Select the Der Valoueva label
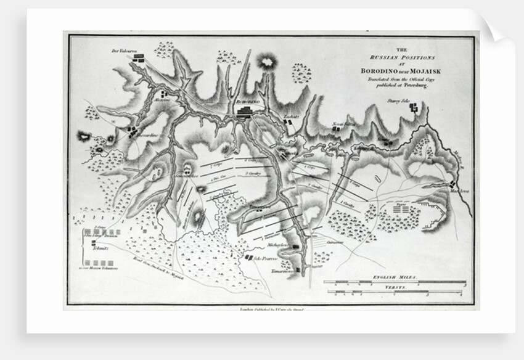click(x=122, y=50)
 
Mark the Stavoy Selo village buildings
click(x=414, y=108)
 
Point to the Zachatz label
click(x=291, y=116)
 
